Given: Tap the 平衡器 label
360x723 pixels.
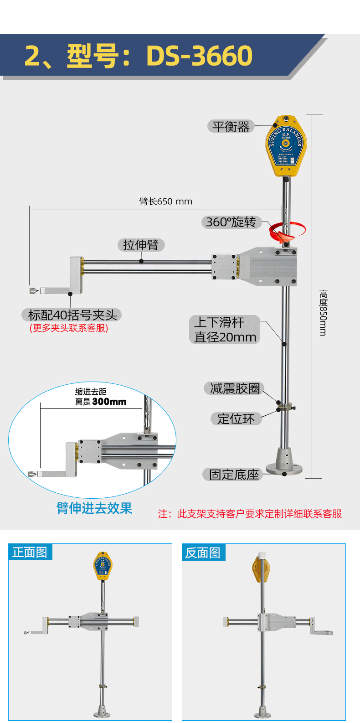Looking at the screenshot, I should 231,126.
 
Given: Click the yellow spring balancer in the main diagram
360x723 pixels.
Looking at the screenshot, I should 286,146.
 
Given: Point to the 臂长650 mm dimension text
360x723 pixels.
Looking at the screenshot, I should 165,201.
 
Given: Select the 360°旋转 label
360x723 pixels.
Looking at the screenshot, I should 231,222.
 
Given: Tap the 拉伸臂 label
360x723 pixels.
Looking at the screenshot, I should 141,245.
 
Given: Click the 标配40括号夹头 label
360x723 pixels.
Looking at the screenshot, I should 72,315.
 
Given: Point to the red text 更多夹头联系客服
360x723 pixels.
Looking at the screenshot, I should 69,328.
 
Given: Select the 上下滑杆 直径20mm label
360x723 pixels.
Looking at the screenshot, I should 225,330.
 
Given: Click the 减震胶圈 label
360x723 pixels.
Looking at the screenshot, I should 234,388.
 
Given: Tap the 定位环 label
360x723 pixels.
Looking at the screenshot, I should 236,418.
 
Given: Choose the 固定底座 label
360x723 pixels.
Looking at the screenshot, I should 233,475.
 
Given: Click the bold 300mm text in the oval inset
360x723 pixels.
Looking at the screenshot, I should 109,402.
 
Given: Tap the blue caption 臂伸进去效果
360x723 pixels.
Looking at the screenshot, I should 94,508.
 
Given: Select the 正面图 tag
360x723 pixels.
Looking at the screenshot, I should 30,553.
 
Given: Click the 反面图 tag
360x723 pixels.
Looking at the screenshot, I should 203,553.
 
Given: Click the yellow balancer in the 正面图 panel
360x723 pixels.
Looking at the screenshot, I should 103,565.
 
